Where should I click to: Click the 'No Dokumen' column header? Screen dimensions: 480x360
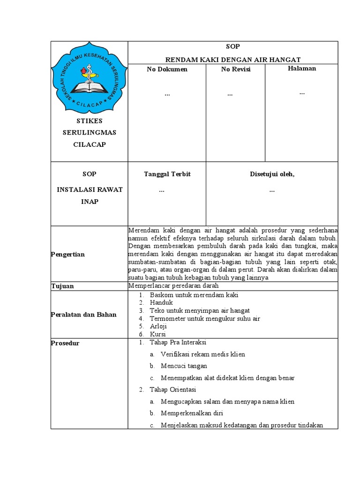coord(167,69)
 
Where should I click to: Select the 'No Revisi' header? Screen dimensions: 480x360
coord(236,69)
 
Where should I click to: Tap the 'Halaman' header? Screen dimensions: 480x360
coord(301,68)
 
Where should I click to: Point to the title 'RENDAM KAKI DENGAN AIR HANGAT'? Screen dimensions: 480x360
coord(232,59)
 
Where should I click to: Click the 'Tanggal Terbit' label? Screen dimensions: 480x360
coord(167,174)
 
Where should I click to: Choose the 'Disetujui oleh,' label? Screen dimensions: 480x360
coord(272,174)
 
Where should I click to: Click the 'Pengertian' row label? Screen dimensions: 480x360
coord(68,254)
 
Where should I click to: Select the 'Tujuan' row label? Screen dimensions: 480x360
coord(62,286)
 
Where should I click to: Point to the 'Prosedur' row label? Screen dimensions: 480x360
coord(65,343)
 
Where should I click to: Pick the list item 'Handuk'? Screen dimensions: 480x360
coord(161,303)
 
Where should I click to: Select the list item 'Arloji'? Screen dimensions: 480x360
coord(158,327)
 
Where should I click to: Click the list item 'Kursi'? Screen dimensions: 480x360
coord(158,335)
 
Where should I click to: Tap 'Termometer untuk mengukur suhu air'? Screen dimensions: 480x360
coord(205,319)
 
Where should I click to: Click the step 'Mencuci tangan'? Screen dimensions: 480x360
coord(184,366)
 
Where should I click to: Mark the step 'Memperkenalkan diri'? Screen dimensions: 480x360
coord(192,413)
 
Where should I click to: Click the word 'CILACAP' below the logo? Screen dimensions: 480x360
coord(89,144)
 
